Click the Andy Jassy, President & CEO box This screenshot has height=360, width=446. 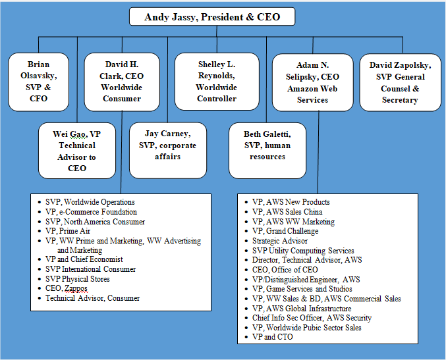[212, 16]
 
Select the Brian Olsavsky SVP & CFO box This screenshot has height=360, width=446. [38, 82]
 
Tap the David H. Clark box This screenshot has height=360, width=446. [122, 82]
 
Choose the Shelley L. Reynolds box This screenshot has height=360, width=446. [217, 82]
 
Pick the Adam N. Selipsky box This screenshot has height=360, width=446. [313, 82]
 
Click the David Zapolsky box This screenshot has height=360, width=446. [400, 82]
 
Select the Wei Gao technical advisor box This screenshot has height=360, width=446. [77, 151]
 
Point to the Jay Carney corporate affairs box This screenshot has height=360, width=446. [168, 151]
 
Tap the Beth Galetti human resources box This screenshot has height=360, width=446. [267, 151]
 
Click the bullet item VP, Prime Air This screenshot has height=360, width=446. [68, 231]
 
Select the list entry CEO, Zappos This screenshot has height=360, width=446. [67, 288]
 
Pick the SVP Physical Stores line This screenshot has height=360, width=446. [77, 279]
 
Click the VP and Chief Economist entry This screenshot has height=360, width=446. [84, 259]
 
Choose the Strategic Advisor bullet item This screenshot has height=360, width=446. [280, 241]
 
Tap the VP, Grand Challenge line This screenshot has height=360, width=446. [285, 231]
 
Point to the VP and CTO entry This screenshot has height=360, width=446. [273, 337]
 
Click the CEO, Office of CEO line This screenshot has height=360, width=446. [285, 270]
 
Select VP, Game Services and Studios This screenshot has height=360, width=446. [302, 289]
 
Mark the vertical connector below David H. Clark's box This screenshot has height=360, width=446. [121, 152]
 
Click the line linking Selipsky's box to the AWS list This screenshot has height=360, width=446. [318, 152]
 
